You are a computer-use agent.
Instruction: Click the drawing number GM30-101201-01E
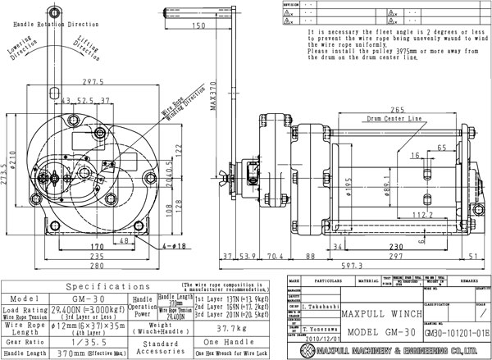coord(458,335)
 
